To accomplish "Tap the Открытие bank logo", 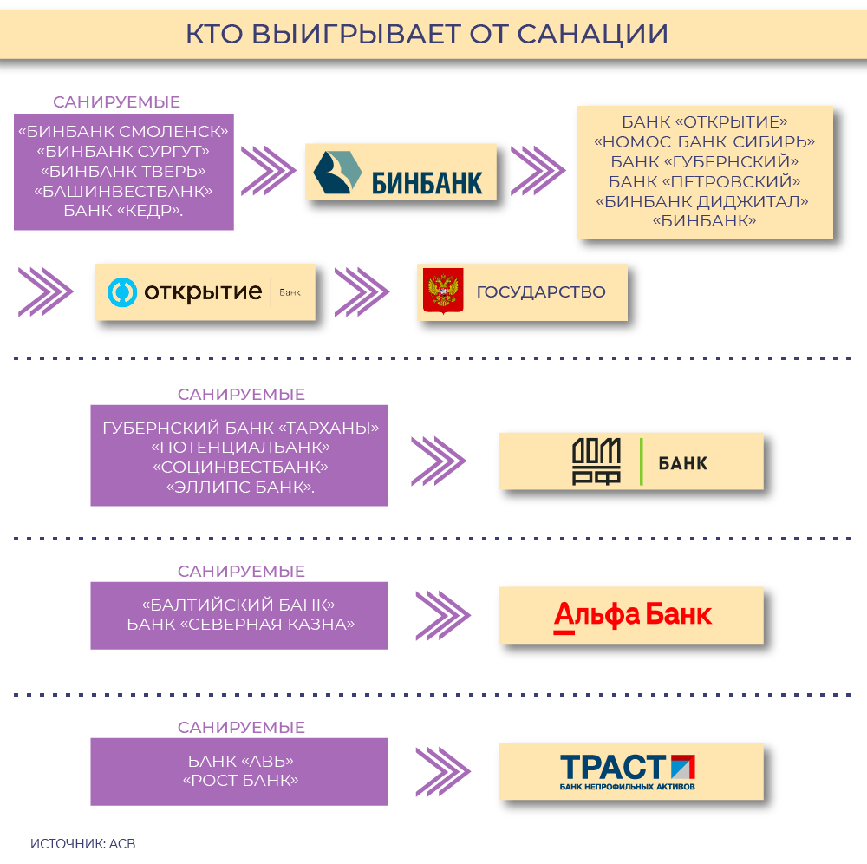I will (x=205, y=292).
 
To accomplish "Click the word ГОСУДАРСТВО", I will (x=541, y=292).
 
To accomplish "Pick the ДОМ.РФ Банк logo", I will (x=631, y=461).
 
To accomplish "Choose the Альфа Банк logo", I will (x=631, y=615).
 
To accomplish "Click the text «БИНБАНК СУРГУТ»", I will (x=123, y=151).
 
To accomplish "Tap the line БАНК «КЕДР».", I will (x=123, y=209).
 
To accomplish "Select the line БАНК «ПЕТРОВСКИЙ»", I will (x=704, y=181).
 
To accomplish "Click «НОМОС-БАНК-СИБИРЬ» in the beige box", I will (x=704, y=141).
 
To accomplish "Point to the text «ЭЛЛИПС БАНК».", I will (x=240, y=488).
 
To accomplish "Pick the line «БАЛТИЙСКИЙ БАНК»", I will (x=238, y=605).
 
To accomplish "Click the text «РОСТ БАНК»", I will (x=240, y=781).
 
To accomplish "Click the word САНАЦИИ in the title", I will (x=593, y=34).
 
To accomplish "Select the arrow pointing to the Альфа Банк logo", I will (x=442, y=615).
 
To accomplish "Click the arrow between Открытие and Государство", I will (x=362, y=292).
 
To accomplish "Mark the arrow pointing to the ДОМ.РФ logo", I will (x=439, y=461).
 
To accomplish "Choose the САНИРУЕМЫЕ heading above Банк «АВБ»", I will (x=241, y=727).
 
